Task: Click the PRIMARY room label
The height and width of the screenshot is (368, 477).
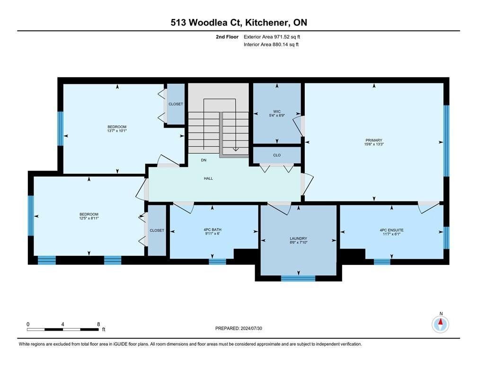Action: pyautogui.click(x=373, y=140)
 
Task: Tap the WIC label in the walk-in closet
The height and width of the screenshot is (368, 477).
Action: pyautogui.click(x=277, y=112)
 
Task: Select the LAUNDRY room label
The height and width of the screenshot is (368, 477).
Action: pyautogui.click(x=299, y=238)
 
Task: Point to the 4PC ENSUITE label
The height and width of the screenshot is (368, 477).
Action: pyautogui.click(x=392, y=230)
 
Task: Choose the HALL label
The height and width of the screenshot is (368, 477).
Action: pyautogui.click(x=208, y=178)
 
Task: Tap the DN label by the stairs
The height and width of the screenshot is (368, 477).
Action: pyautogui.click(x=204, y=160)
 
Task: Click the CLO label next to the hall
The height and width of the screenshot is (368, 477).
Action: pyautogui.click(x=277, y=155)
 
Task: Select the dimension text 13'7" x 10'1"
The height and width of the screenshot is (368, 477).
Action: pyautogui.click(x=117, y=131)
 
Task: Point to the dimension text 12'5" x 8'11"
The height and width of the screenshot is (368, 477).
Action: pyautogui.click(x=89, y=218)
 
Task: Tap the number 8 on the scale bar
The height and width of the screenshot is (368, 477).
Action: pyautogui.click(x=98, y=324)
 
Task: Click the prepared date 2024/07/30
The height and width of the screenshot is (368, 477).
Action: pyautogui.click(x=251, y=328)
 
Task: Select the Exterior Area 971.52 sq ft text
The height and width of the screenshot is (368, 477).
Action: pyautogui.click(x=272, y=37)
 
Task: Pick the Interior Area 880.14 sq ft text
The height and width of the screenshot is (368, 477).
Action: pyautogui.click(x=271, y=44)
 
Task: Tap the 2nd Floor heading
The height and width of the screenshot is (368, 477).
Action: pyautogui.click(x=227, y=37)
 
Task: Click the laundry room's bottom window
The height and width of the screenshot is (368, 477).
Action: pyautogui.click(x=299, y=278)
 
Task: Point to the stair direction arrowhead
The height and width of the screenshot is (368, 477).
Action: pyautogui.click(x=236, y=149)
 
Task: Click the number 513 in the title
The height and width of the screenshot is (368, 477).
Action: pyautogui.click(x=178, y=23)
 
